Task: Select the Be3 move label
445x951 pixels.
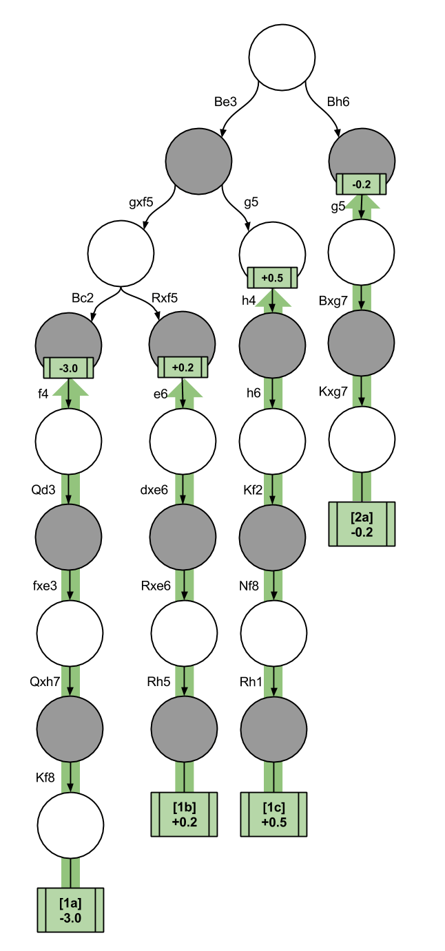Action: click(225, 102)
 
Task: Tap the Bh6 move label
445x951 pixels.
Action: click(338, 102)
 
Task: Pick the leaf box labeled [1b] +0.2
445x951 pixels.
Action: click(184, 814)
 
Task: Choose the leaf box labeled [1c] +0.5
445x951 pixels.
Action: click(274, 814)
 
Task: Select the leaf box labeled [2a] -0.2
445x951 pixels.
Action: click(362, 524)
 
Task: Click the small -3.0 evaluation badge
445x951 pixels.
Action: click(68, 368)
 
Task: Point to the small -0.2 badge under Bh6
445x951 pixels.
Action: click(361, 184)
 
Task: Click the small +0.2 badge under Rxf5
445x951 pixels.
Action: click(183, 368)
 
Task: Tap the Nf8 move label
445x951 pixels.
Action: click(253, 586)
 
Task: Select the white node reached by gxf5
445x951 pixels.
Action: click(121, 253)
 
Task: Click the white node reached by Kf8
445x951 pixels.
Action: click(70, 825)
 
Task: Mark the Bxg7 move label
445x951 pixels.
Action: click(333, 301)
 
